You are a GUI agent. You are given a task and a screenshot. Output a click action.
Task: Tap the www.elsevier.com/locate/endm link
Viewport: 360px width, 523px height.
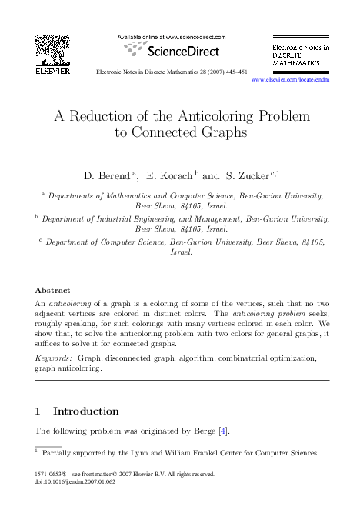click(290, 79)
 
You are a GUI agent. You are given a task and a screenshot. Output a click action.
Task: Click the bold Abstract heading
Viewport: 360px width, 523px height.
click(53, 290)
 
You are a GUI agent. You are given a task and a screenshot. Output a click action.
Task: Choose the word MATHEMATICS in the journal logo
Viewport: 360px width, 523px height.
click(296, 64)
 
